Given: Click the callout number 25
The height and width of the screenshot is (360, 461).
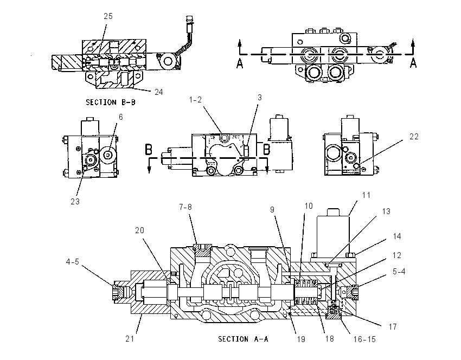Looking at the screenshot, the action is (108, 16).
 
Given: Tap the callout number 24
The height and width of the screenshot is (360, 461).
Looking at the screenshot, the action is (159, 92).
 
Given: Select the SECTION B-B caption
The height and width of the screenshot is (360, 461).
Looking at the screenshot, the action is (111, 102).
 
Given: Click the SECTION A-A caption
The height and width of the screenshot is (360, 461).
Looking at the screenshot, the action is (243, 339).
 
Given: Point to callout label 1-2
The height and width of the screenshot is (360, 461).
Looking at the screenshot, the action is (195, 100).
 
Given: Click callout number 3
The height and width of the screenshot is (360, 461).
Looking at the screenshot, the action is (260, 98).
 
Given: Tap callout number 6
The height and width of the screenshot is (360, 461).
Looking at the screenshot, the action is (120, 117).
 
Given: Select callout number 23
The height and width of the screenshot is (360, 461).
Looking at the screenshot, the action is (75, 202).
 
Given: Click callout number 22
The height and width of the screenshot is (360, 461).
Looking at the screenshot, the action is (414, 137).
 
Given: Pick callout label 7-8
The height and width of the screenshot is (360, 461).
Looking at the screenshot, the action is (185, 207).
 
